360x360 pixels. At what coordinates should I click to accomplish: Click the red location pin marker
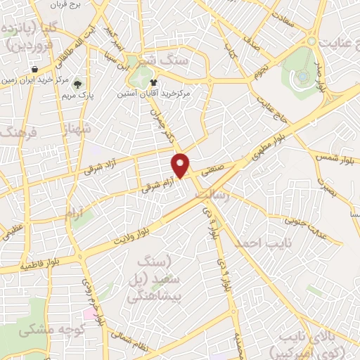181,165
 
